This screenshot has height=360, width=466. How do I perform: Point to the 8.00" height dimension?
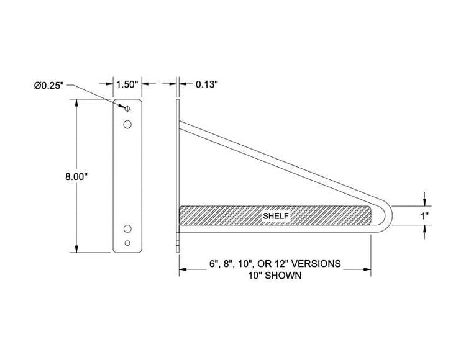75,176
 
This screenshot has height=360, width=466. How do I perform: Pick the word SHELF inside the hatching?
275,215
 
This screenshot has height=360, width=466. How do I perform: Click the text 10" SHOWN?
274,276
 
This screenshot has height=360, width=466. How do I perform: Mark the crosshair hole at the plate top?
127,109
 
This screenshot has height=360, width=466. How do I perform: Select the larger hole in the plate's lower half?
127,227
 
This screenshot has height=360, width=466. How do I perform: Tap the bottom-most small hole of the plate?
127,242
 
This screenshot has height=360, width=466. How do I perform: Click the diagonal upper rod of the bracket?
280,159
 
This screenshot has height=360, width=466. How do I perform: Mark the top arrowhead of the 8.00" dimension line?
76,103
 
